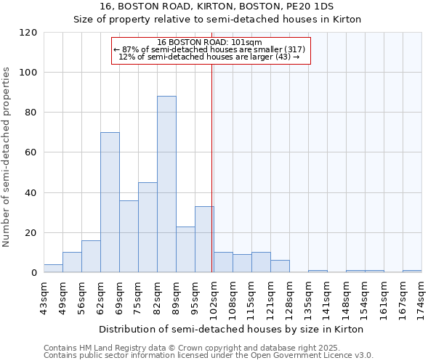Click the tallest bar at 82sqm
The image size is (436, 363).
click(166, 184)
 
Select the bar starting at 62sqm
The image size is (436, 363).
click(110, 203)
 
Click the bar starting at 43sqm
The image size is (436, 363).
click(53, 269)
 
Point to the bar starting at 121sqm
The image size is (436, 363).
click(280, 266)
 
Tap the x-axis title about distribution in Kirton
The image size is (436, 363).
click(231, 329)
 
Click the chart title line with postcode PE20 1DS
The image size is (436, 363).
click(217, 6)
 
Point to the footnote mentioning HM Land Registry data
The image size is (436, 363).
click(207, 348)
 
